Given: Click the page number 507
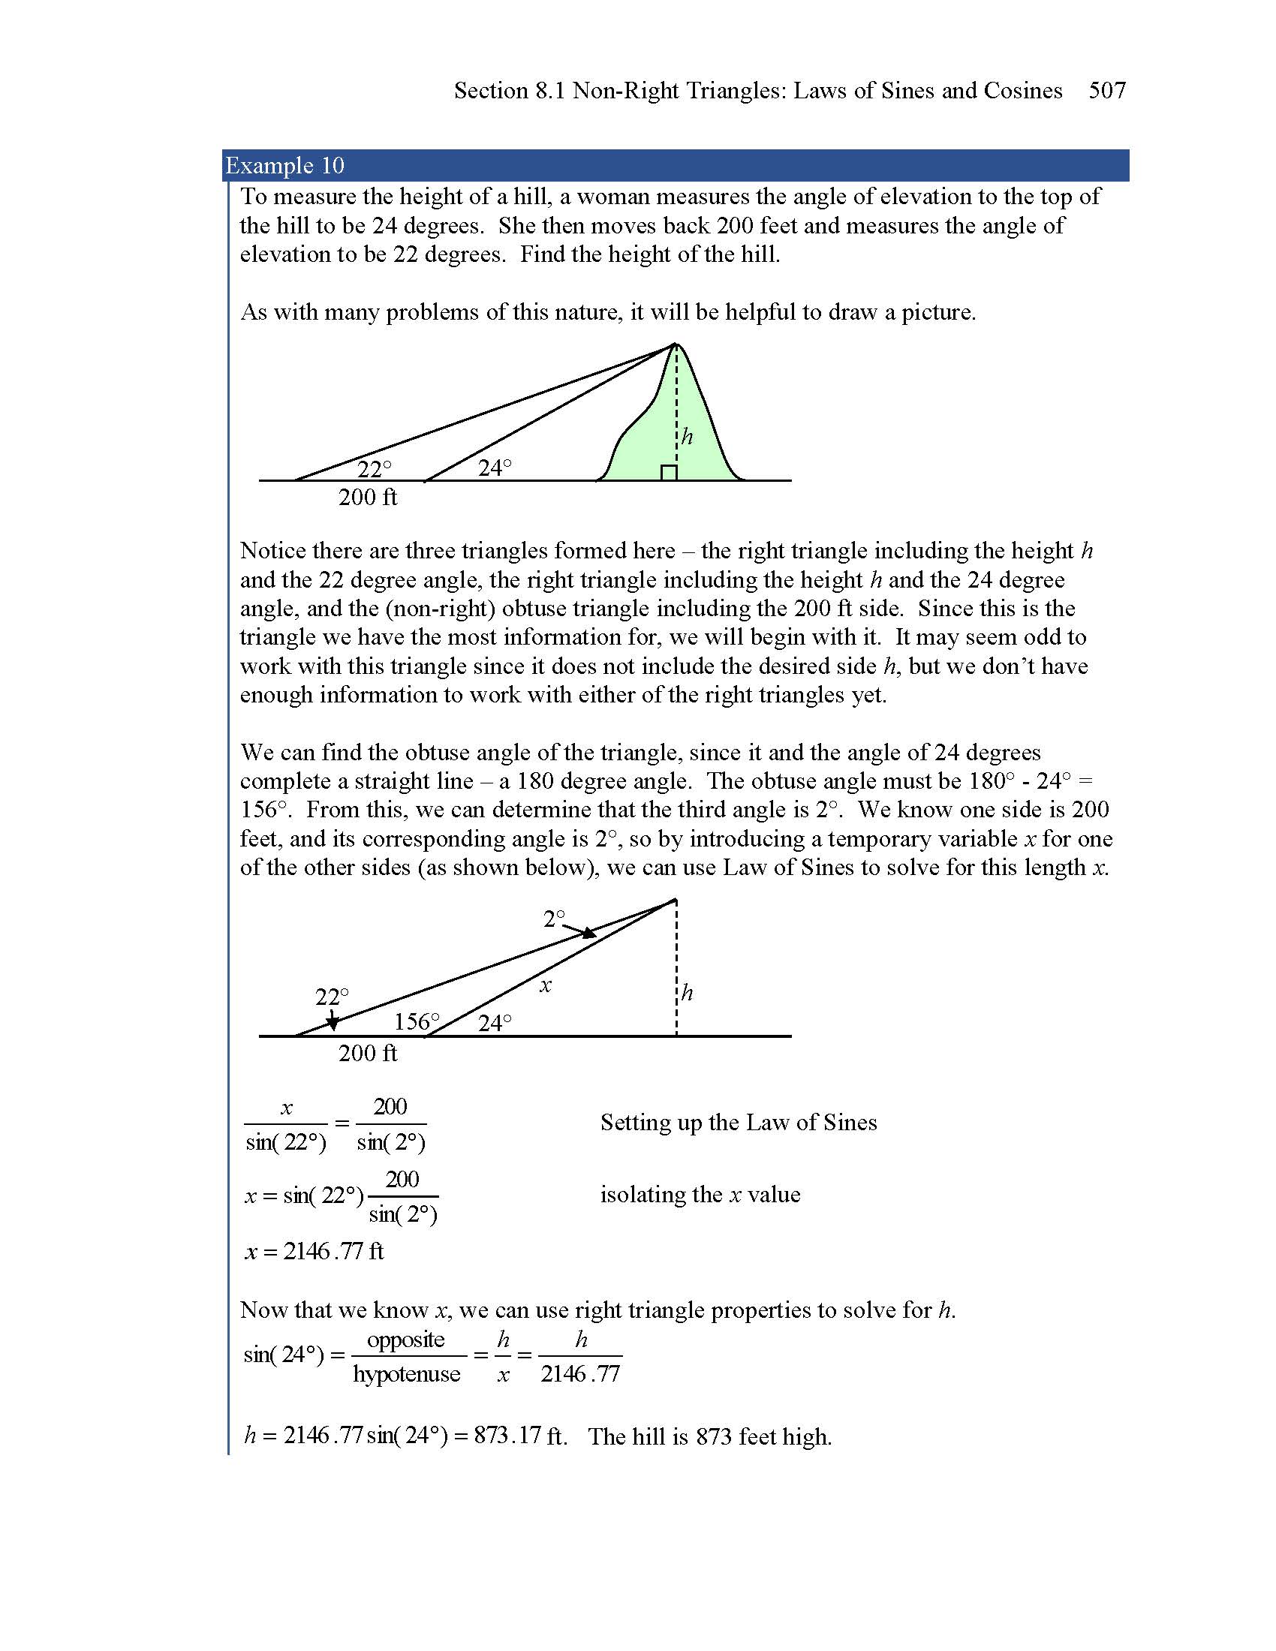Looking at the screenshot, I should click(1106, 91).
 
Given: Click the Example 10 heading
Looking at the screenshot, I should click(285, 166).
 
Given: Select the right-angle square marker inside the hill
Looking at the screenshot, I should click(668, 474).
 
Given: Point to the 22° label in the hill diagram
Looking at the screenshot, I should click(375, 470).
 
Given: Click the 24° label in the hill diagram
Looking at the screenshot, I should click(495, 468).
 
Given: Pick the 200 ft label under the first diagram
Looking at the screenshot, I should click(367, 498).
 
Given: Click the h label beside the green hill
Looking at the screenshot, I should click(686, 436).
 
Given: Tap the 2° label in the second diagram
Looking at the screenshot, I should click(554, 919).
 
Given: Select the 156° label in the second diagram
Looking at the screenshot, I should click(417, 1022).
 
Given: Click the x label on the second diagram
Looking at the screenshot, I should click(546, 986).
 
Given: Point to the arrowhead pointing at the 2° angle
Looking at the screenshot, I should click(589, 934).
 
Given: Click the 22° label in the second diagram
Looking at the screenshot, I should click(332, 997).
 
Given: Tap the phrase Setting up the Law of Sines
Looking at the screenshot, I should click(739, 1123).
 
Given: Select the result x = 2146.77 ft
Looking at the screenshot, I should click(314, 1251).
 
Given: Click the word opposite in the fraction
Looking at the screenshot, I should click(406, 1340).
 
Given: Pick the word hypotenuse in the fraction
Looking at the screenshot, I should click(407, 1373).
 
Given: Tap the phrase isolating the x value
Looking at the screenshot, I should click(700, 1195).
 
